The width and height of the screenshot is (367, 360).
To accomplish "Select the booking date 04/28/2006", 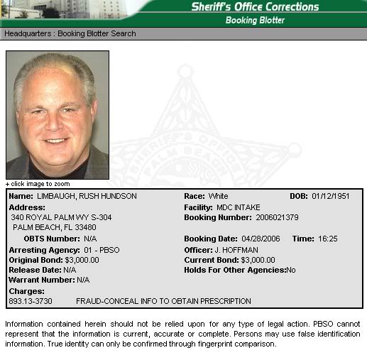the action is [260, 239].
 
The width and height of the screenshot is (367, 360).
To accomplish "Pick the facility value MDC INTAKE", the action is [239, 207].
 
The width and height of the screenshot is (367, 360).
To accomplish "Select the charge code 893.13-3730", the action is [31, 301].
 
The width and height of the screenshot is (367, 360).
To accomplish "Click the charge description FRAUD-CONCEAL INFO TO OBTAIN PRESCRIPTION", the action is [163, 301].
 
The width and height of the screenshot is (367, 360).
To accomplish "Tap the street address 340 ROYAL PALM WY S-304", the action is [61, 217].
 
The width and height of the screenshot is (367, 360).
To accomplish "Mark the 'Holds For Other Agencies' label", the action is [234, 270].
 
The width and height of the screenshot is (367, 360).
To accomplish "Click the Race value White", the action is [219, 196].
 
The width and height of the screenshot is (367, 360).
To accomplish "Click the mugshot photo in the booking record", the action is [57, 114].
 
